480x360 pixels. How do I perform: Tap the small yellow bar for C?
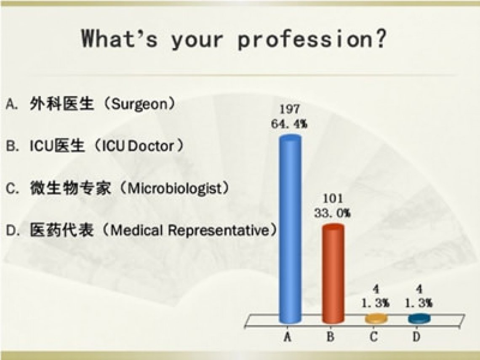tap(376, 319)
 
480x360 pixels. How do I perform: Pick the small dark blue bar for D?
tap(419, 319)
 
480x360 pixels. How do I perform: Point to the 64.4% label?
tap(289, 124)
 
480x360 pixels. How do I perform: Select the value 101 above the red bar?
tap(333, 198)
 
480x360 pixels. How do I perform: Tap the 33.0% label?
tap(333, 213)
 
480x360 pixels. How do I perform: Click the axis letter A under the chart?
tap(287, 337)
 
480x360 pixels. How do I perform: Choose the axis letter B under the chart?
tap(330, 337)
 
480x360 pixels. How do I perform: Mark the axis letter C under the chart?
tap(373, 337)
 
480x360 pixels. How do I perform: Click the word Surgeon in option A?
tap(139, 105)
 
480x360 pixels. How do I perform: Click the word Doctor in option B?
tap(151, 147)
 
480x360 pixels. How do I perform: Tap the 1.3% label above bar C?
tap(376, 303)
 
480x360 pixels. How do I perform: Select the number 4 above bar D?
tap(419, 289)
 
